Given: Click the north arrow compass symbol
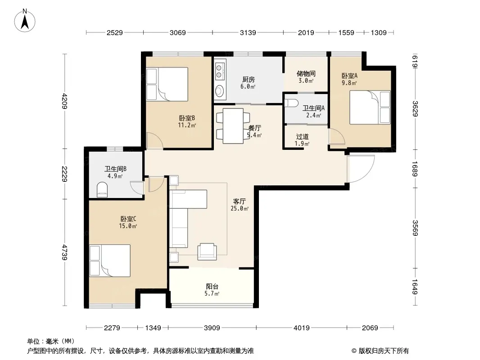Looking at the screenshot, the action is [x=25, y=20].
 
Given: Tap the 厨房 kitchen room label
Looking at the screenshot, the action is [x=248, y=80].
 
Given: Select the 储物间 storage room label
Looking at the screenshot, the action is [x=306, y=73].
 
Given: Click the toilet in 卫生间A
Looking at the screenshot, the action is [x=291, y=103].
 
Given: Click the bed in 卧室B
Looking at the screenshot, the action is [x=167, y=84].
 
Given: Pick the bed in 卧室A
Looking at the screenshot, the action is [x=370, y=108].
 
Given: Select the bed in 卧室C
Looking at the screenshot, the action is [x=110, y=261].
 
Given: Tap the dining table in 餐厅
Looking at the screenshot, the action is [x=233, y=126].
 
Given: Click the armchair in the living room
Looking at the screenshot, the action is [x=207, y=252].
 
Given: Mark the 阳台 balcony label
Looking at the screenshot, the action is [x=212, y=286].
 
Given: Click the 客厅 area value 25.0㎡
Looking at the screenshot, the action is [x=240, y=209].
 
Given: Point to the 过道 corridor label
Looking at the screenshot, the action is [x=302, y=136].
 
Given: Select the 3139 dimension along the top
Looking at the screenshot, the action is [x=248, y=32].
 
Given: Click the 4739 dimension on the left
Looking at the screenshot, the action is [x=64, y=252].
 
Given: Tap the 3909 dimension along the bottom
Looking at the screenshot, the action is [x=212, y=328].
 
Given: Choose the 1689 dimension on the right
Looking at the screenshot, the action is [x=415, y=169].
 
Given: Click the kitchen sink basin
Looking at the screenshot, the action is [x=219, y=90].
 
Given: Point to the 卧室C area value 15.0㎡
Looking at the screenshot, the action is [x=128, y=226].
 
